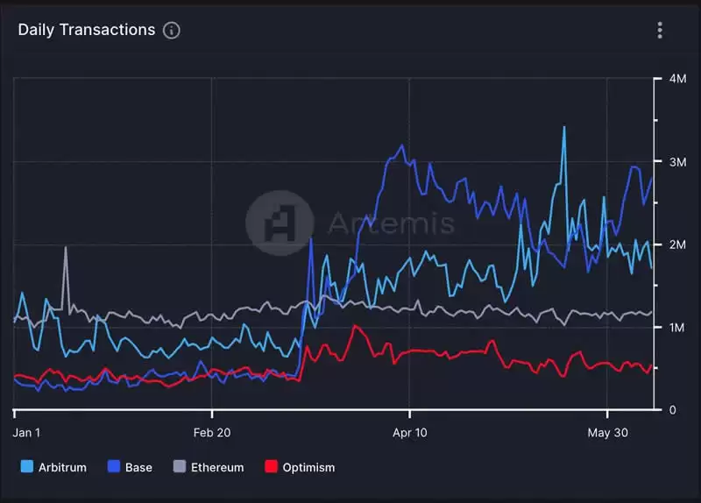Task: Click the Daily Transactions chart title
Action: (x=86, y=30)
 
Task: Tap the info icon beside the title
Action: (x=172, y=31)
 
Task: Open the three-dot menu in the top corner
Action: (x=660, y=31)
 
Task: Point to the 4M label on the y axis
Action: (x=677, y=79)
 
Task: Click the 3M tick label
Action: (x=677, y=162)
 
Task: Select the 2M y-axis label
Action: (x=677, y=244)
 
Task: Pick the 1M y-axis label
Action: (x=677, y=328)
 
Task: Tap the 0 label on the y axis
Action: (x=672, y=410)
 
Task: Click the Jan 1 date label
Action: (x=27, y=432)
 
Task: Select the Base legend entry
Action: (x=130, y=467)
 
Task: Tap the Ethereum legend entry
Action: (x=208, y=467)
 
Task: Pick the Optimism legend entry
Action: (x=299, y=467)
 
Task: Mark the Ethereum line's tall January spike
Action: (x=66, y=248)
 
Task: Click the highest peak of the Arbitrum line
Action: (x=563, y=128)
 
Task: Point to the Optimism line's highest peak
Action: (x=354, y=326)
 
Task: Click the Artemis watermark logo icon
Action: (x=280, y=223)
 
